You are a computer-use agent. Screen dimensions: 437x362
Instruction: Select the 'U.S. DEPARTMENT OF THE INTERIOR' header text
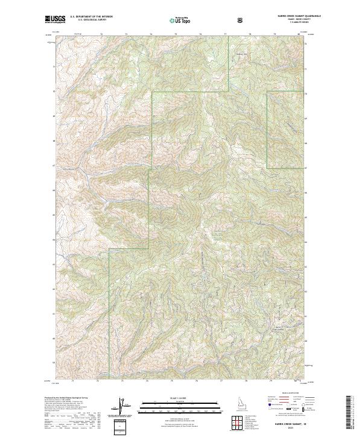pyautogui.click(x=91, y=17)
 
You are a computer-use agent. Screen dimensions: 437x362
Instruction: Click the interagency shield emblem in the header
pyautogui.click(x=241, y=20)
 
